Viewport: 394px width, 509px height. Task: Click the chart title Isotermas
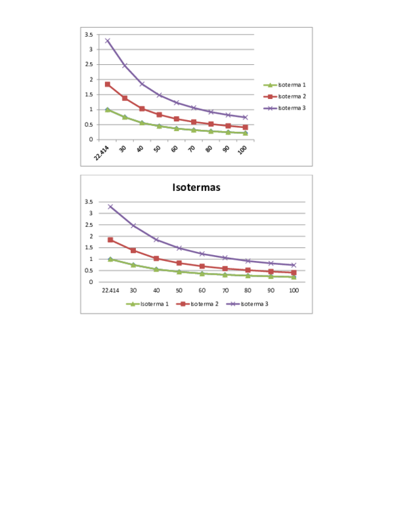(x=196, y=188)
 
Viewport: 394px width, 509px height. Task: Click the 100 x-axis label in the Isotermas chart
(x=294, y=290)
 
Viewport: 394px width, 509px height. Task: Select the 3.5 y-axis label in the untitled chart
(x=88, y=34)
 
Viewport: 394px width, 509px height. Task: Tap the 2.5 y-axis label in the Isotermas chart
(x=89, y=225)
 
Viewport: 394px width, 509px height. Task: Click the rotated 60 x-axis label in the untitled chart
(x=175, y=149)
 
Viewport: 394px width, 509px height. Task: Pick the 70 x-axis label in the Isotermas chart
(x=225, y=290)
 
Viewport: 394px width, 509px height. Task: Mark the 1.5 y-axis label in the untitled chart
(x=88, y=94)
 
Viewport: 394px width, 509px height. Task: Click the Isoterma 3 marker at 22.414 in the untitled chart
(x=108, y=41)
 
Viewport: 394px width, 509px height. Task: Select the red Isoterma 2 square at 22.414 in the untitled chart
(x=108, y=84)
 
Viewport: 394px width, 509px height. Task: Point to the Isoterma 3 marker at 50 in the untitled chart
(x=159, y=95)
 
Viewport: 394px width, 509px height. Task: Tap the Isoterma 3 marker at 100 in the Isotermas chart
(x=294, y=265)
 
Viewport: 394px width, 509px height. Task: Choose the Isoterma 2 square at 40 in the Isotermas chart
(x=156, y=258)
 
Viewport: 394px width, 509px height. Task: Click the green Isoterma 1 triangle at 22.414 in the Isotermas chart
(x=110, y=259)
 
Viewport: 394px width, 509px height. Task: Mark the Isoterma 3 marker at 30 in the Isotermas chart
(x=133, y=226)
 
